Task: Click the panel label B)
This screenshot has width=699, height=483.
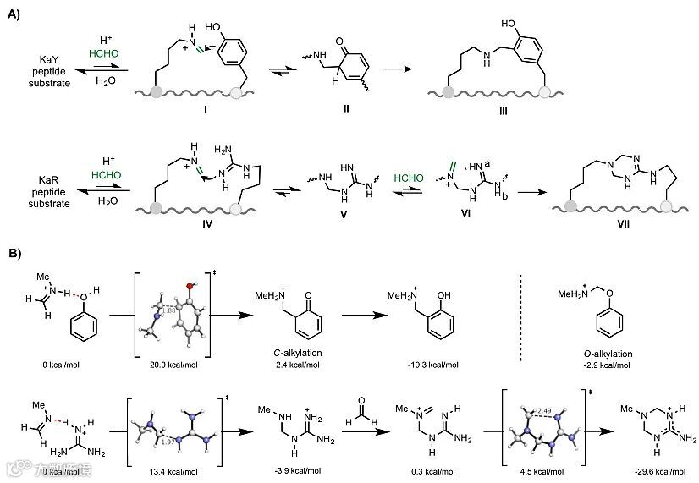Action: [14, 253]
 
